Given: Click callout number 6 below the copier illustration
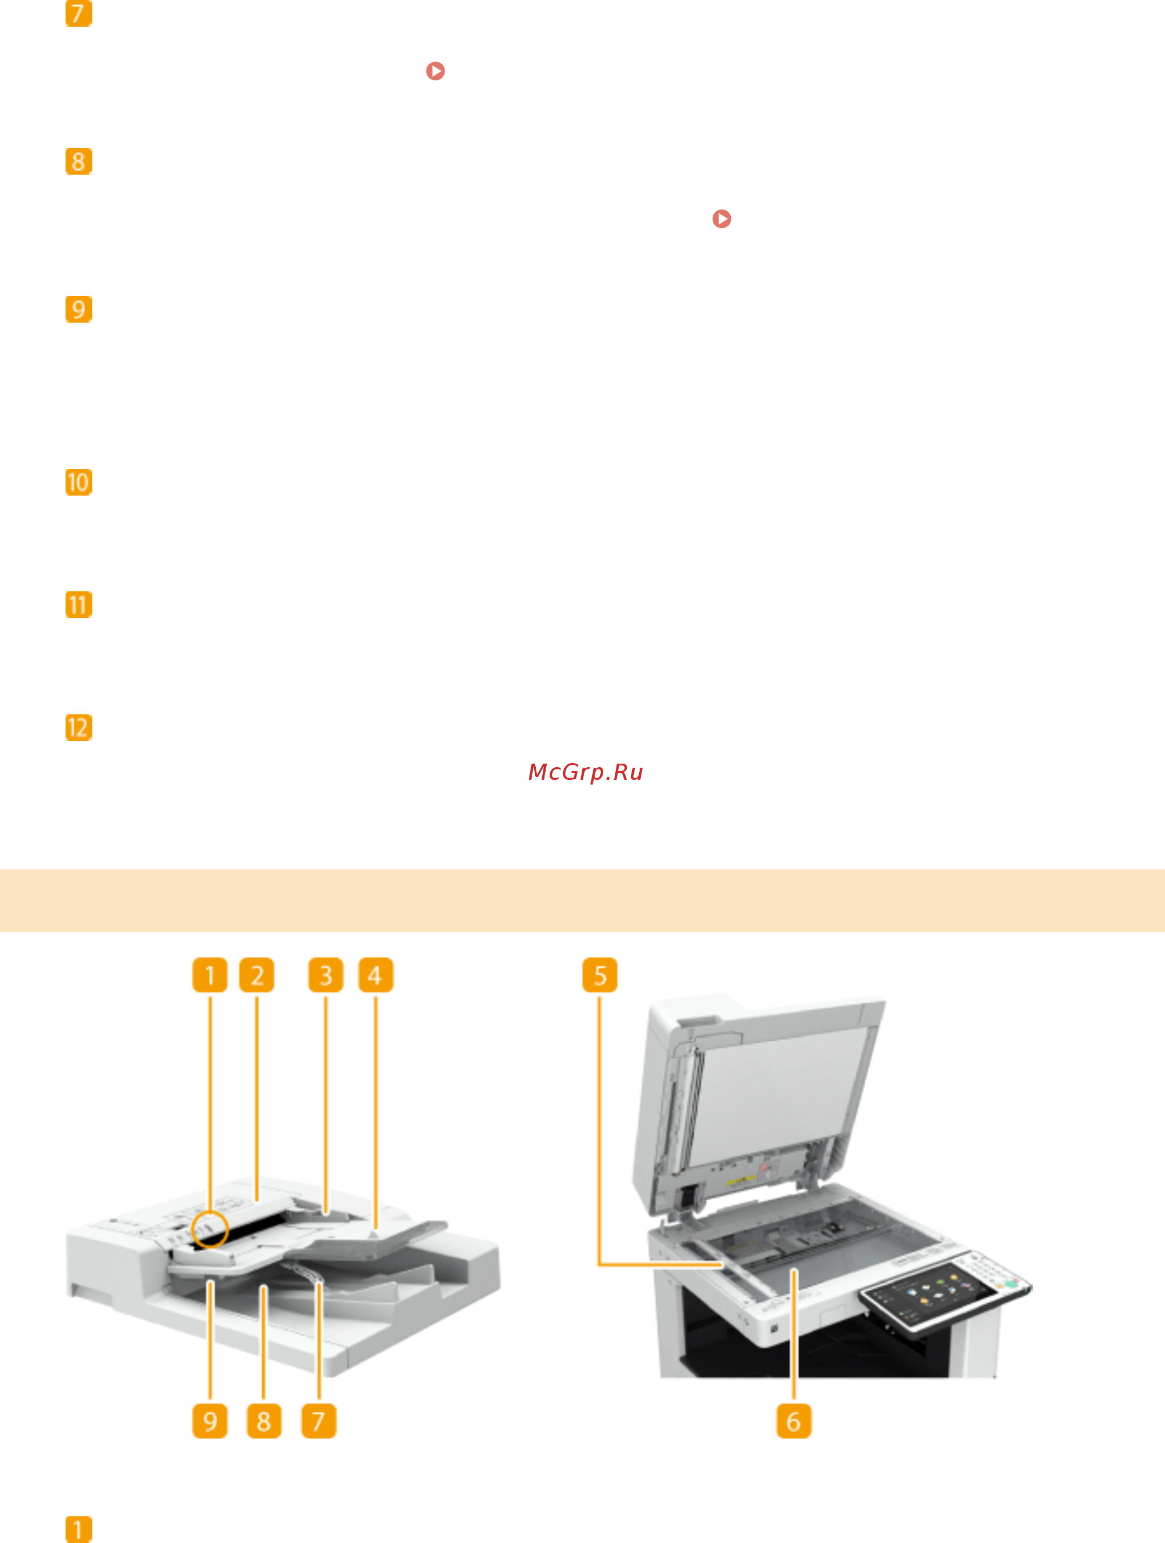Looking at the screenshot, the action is point(794,1421).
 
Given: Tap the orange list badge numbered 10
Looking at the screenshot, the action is point(79,482).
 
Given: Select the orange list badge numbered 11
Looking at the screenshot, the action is point(79,605).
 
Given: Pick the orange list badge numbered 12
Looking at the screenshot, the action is point(79,728).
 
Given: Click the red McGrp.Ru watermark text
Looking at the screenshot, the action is point(585,772).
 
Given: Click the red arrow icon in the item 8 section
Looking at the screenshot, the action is point(722,219).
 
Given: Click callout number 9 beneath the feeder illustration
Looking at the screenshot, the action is point(210,1421).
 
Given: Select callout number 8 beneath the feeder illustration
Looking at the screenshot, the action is point(264,1421).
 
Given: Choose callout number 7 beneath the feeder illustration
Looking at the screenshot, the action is point(319,1421).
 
